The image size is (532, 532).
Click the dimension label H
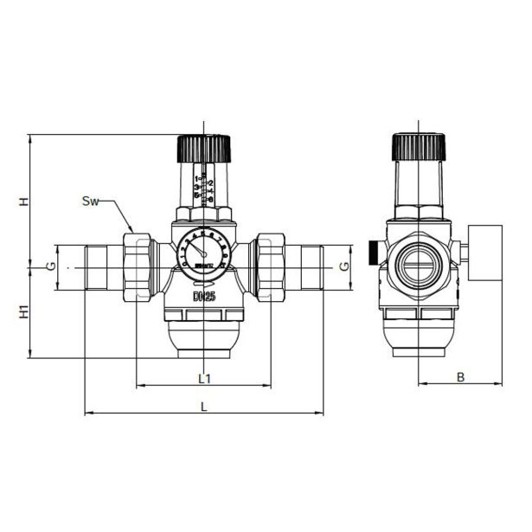25,201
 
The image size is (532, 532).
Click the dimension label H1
25,311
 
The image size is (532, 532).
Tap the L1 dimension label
204,378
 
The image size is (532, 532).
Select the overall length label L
204,406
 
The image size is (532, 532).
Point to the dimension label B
461,377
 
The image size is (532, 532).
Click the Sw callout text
90,202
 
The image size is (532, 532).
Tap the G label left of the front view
53,265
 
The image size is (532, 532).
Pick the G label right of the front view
345,265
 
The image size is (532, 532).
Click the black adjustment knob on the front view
204,149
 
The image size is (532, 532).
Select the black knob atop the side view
418,147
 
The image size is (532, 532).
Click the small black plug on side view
372,252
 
